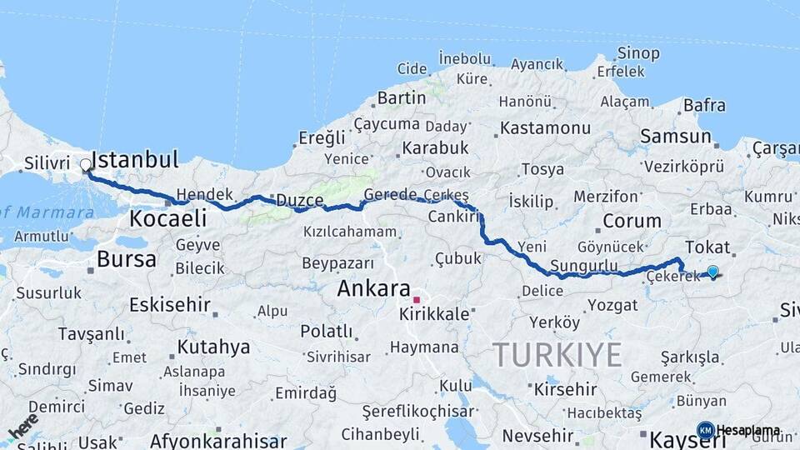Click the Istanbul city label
point(135,159)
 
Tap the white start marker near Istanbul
point(86,165)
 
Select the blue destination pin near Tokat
point(712,272)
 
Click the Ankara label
point(373,289)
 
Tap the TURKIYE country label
point(557,356)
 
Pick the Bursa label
point(126,259)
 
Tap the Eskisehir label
point(169,305)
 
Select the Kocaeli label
point(167,218)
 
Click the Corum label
point(632,222)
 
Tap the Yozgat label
point(612,305)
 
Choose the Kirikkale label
point(434,315)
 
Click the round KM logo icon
point(705,430)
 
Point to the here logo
point(23,426)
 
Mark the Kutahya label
point(213,347)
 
